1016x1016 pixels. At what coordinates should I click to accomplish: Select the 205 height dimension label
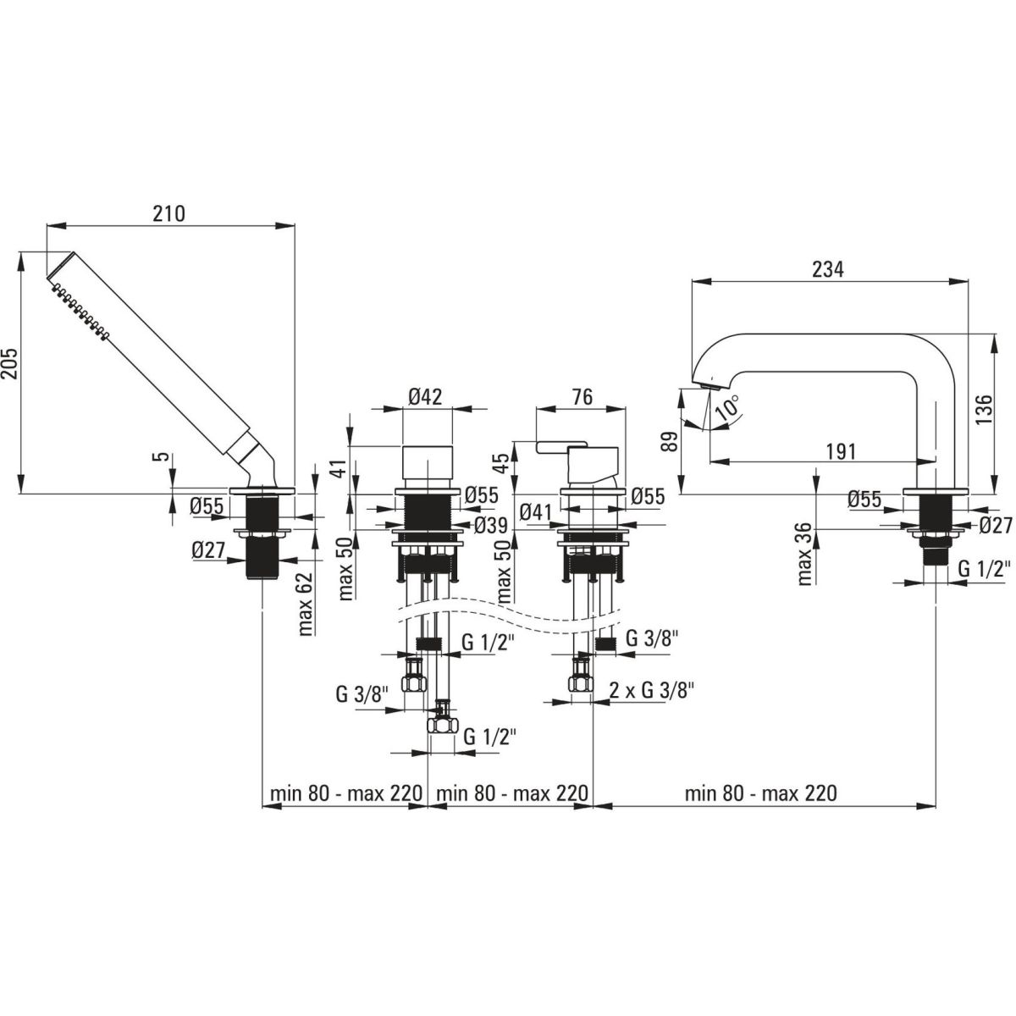click(x=10, y=370)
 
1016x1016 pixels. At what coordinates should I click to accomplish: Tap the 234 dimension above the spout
click(x=827, y=269)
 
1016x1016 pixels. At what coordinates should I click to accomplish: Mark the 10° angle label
click(x=729, y=409)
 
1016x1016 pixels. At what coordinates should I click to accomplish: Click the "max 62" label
click(x=306, y=604)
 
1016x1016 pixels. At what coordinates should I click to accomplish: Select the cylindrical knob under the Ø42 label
click(x=427, y=464)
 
